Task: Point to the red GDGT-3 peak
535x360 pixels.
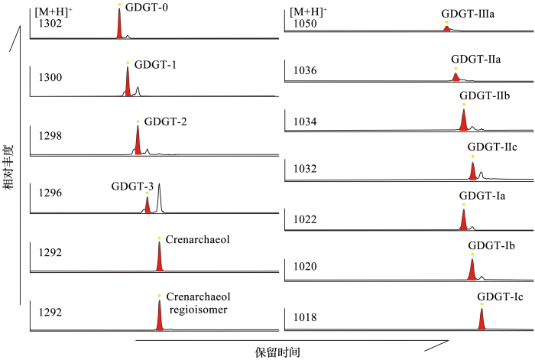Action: [148, 206]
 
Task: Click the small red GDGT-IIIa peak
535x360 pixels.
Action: [446, 28]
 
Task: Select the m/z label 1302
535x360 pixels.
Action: [50, 24]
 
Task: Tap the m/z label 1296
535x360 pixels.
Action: [50, 193]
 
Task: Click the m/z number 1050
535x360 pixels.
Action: [305, 24]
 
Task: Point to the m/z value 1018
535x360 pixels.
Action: [305, 317]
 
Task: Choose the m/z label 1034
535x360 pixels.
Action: [305, 122]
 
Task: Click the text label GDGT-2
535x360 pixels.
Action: [166, 122]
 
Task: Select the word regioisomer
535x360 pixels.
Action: [198, 310]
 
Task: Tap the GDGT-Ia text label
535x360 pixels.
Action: [482, 196]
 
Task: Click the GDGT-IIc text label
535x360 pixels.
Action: [492, 147]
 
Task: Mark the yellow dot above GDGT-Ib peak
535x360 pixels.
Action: [472, 255]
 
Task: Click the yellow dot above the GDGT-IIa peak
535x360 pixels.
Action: [456, 69]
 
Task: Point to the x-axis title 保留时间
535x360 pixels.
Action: [277, 352]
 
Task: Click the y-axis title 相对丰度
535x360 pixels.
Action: [8, 167]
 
